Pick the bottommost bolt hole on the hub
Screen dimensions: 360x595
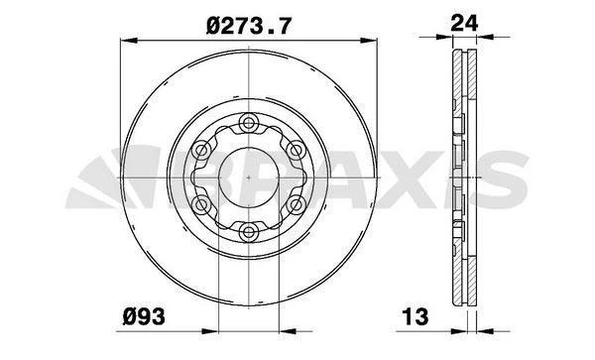click(x=249, y=232)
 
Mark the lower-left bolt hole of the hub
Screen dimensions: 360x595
click(x=202, y=205)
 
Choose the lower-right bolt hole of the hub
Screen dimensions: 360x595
click(x=296, y=205)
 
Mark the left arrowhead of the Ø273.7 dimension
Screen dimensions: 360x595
click(x=126, y=40)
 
